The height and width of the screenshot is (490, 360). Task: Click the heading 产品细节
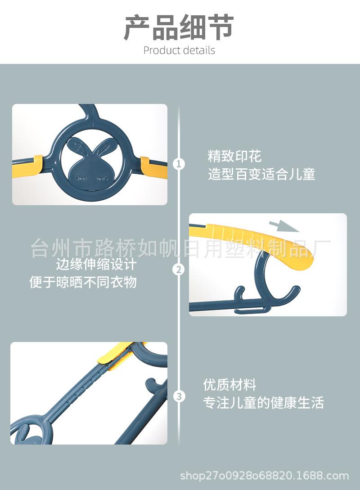[x=179, y=28]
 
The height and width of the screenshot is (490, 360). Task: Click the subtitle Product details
[x=179, y=50]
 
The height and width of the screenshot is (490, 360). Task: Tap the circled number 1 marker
[x=179, y=164]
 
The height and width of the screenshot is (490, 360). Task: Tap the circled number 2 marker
[x=179, y=270]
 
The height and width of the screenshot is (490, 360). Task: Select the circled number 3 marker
[x=179, y=396]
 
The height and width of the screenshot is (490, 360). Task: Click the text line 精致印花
[x=234, y=157]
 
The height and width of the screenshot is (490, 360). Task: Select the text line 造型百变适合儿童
[x=261, y=174]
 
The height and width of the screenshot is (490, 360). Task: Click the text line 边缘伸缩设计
[x=96, y=264]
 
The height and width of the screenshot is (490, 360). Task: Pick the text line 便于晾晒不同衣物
[x=83, y=282]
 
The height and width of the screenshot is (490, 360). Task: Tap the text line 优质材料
[x=229, y=385]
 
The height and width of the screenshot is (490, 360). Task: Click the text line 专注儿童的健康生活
[x=263, y=403]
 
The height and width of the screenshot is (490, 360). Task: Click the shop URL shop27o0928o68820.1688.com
[x=264, y=476]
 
